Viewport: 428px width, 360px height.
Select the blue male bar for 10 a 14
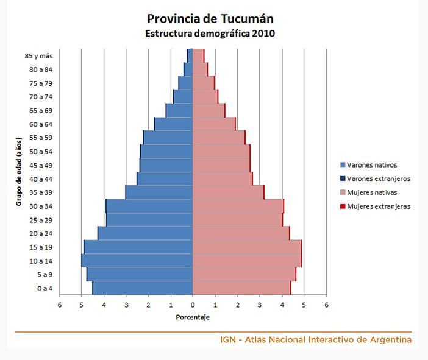pos(137,261)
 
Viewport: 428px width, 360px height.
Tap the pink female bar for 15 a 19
pos(246,247)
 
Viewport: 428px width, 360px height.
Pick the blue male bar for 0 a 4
pos(143,288)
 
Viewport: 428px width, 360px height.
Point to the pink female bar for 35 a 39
pos(227,192)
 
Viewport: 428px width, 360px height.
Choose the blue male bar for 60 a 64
pos(174,124)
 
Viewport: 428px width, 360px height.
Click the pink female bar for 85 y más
pos(198,55)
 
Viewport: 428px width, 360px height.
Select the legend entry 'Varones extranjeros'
pos(378,178)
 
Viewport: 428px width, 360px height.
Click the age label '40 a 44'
pos(40,178)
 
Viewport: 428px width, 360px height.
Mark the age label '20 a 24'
pos(40,233)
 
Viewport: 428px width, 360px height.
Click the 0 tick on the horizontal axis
pos(193,305)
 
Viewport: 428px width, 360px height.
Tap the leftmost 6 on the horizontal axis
pos(60,305)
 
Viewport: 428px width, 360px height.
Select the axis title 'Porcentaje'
pos(193,317)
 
